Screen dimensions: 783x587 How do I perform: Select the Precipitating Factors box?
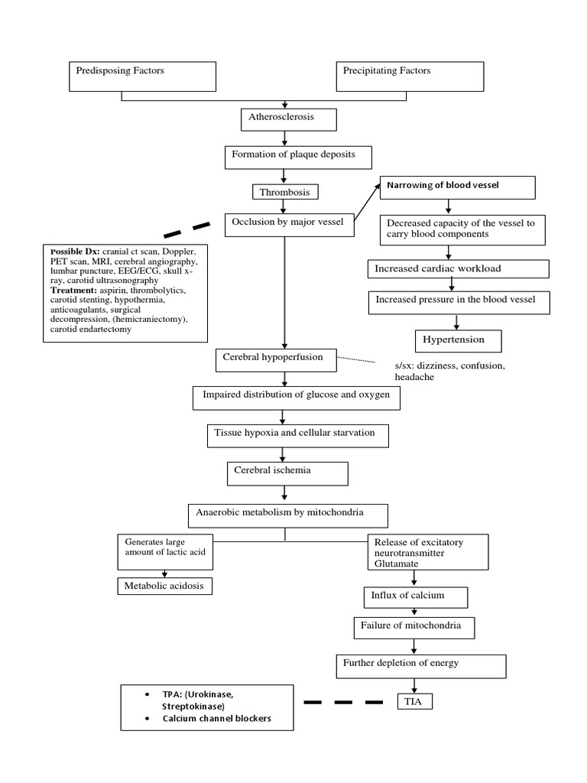[410, 76]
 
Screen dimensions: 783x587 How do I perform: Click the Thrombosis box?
[285, 192]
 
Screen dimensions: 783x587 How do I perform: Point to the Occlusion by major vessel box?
[290, 225]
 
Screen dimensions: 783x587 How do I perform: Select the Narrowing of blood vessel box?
[457, 187]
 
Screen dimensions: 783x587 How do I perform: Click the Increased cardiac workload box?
[458, 269]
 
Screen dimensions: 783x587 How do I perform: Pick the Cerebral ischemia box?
[287, 473]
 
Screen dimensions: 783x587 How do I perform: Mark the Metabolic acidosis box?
[164, 586]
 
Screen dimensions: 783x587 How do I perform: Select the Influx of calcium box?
[413, 596]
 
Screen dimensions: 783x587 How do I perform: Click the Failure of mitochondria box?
[413, 628]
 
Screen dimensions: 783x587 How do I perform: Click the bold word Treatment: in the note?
[74, 291]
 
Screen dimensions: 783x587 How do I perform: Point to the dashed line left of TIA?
[343, 701]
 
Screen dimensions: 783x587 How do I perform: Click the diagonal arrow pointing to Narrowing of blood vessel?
[368, 203]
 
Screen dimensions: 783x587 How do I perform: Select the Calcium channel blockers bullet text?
[216, 719]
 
